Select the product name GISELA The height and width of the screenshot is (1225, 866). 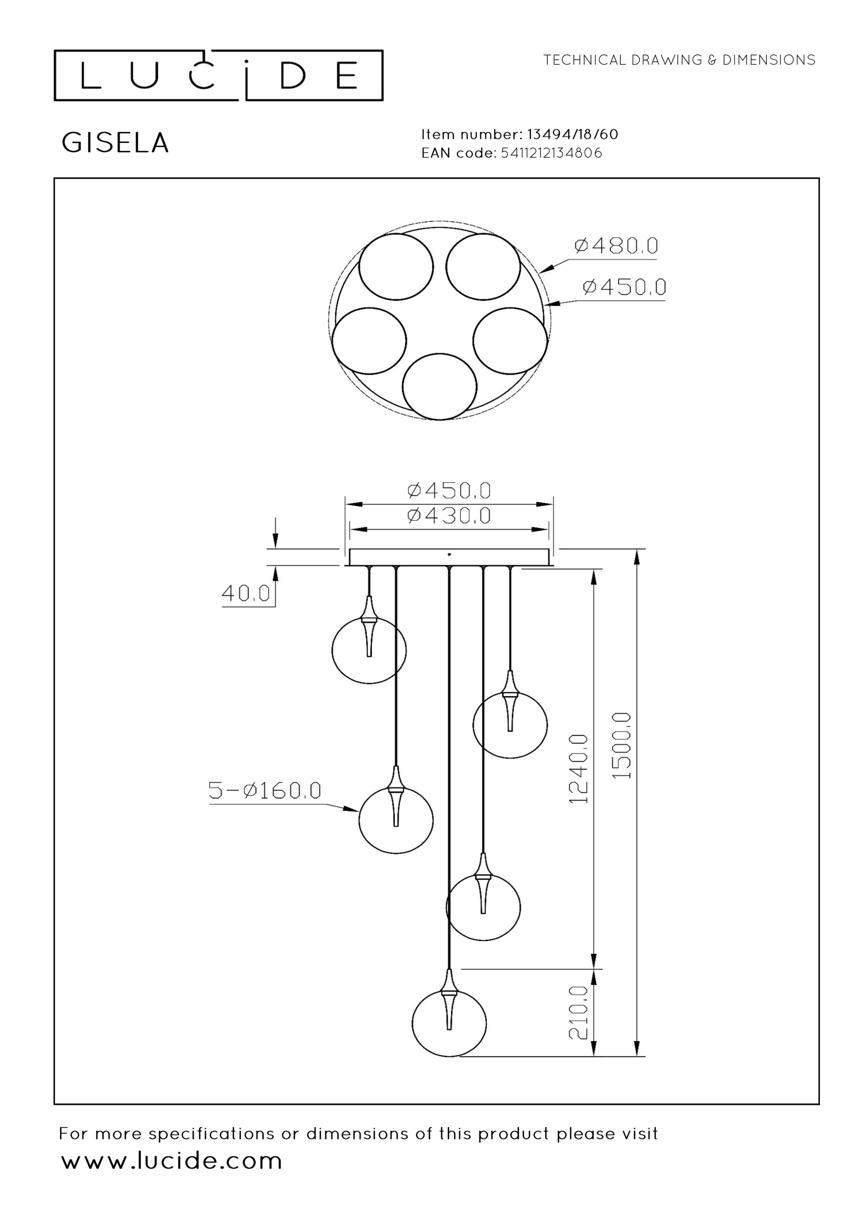(115, 143)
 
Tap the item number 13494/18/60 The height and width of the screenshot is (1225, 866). (573, 134)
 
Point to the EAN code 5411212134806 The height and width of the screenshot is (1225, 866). (551, 153)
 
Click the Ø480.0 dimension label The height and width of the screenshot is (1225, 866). (616, 245)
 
